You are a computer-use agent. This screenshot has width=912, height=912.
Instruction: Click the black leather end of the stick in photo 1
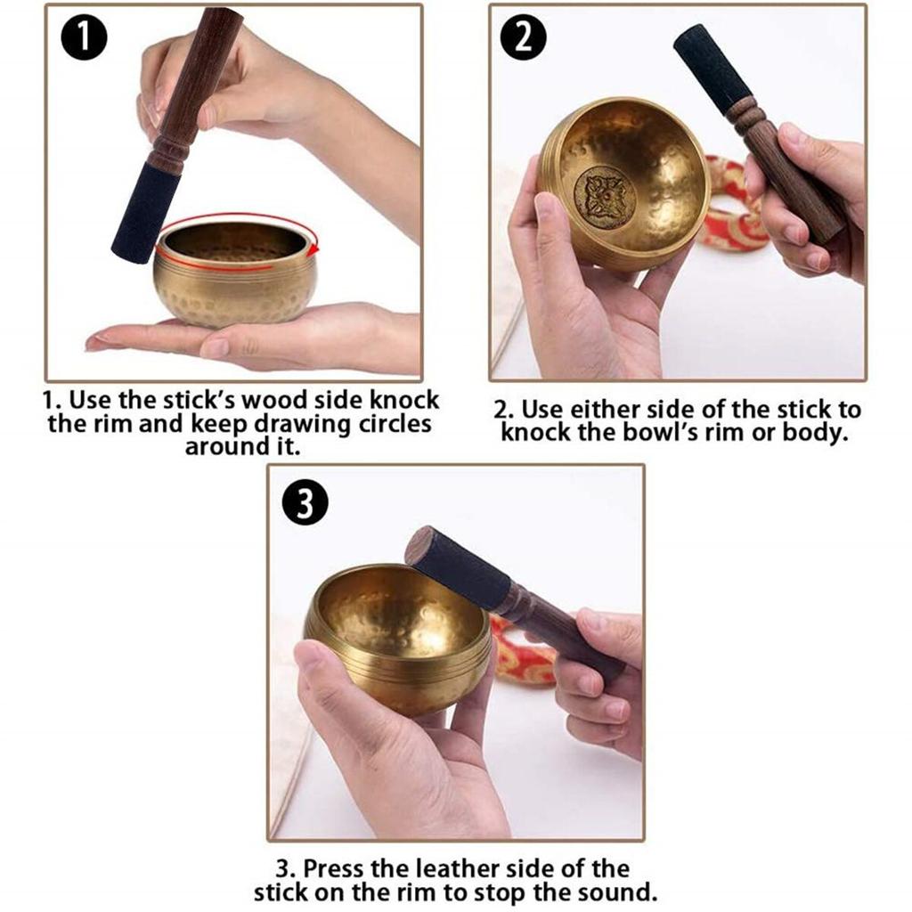tap(142, 214)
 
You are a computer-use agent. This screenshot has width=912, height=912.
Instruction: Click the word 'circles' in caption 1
tap(387, 424)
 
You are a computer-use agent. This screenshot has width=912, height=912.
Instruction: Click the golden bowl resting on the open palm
tap(236, 276)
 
